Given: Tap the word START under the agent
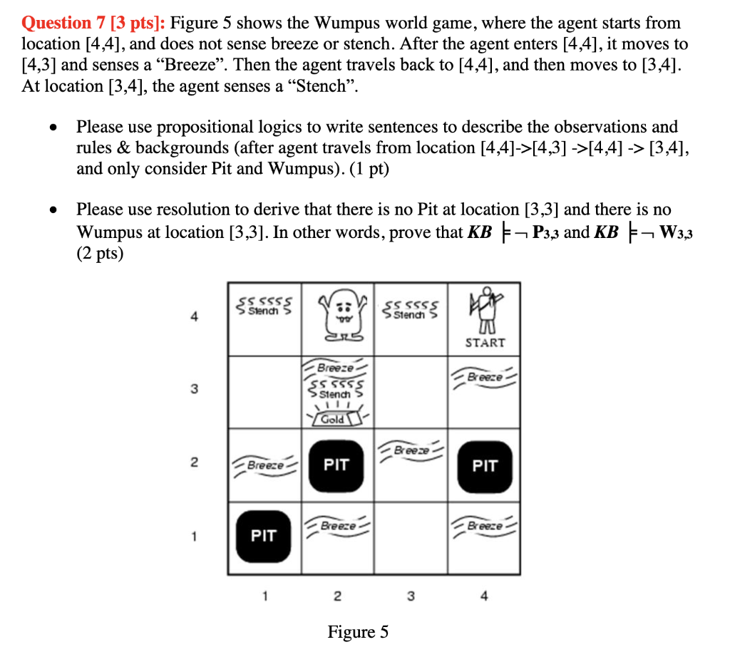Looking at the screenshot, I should (x=485, y=343).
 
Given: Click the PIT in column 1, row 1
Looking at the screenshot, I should (x=264, y=535).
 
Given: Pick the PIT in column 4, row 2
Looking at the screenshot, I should (x=484, y=466).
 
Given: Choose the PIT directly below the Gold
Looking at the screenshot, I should (x=336, y=465).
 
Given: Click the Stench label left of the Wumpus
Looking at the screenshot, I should (x=264, y=309).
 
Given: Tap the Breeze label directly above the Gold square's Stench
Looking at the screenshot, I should (x=335, y=368).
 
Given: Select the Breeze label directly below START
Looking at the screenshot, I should (x=485, y=376).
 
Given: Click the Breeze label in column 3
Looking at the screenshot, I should (x=411, y=450).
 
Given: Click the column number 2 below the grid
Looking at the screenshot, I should (x=337, y=595).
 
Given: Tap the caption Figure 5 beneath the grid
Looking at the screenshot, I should (x=358, y=631).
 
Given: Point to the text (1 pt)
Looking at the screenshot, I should (x=367, y=170).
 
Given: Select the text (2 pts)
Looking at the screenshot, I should (x=100, y=254).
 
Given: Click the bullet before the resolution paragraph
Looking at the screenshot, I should (x=53, y=211).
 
